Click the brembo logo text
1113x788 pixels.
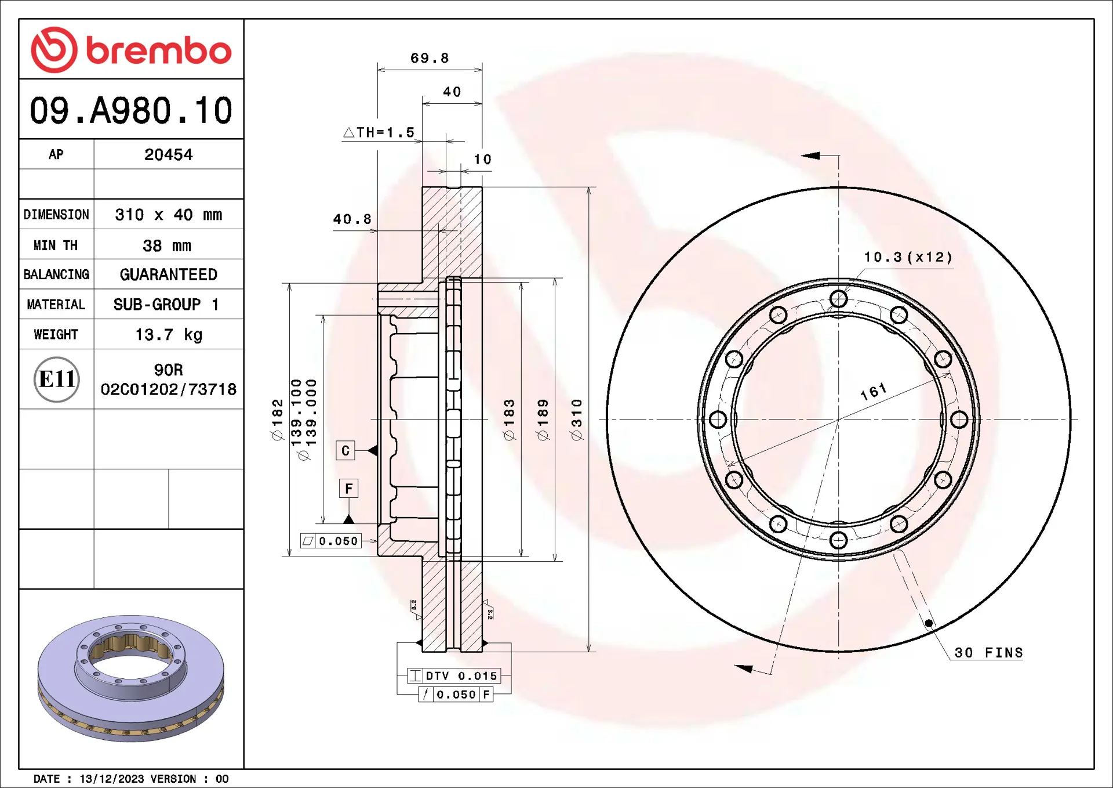tap(158, 50)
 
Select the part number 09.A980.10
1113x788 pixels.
tap(131, 110)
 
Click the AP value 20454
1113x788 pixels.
tap(168, 154)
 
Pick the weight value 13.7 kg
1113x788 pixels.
tap(168, 335)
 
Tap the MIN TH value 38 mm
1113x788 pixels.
tap(167, 245)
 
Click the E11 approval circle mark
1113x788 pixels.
tap(56, 379)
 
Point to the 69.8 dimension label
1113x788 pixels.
tap(430, 58)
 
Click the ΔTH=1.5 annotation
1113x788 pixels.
tap(380, 132)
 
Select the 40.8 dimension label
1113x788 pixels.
tap(352, 219)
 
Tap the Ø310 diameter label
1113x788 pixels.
tap(576, 420)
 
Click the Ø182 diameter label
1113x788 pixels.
tap(277, 420)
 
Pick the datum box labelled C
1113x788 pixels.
tap(345, 451)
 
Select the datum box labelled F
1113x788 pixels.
tap(348, 489)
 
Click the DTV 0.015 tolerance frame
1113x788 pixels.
tap(454, 676)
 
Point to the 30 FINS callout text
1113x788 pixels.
tap(988, 653)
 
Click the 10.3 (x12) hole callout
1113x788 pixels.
tap(908, 257)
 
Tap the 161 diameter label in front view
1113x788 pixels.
tap(874, 392)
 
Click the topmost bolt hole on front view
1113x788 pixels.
tap(838, 299)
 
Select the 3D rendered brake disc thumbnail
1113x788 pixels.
tap(131, 678)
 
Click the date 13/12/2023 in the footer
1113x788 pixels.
tap(111, 779)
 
